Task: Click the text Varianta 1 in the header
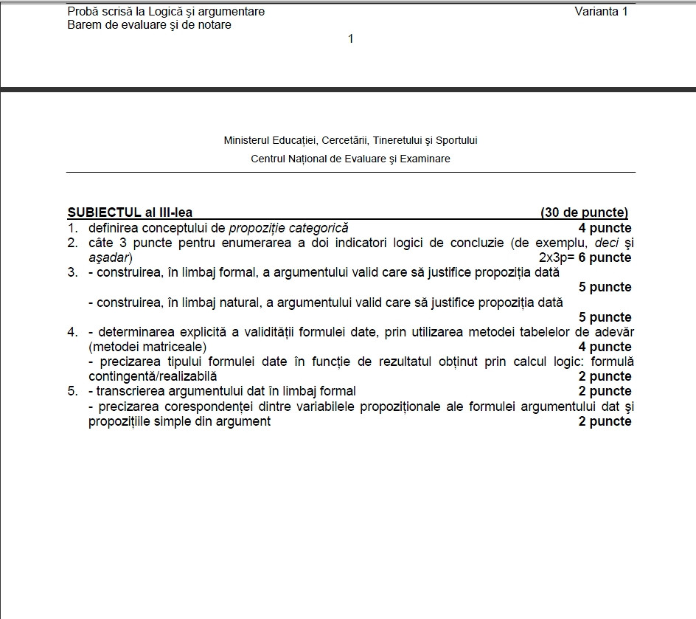601,12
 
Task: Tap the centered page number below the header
351,38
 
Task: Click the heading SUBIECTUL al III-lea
130,212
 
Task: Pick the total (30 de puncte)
584,212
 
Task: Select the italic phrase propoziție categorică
288,228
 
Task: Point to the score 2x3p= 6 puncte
585,257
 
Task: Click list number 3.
72,272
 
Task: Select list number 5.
72,391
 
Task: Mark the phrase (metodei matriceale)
147,347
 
